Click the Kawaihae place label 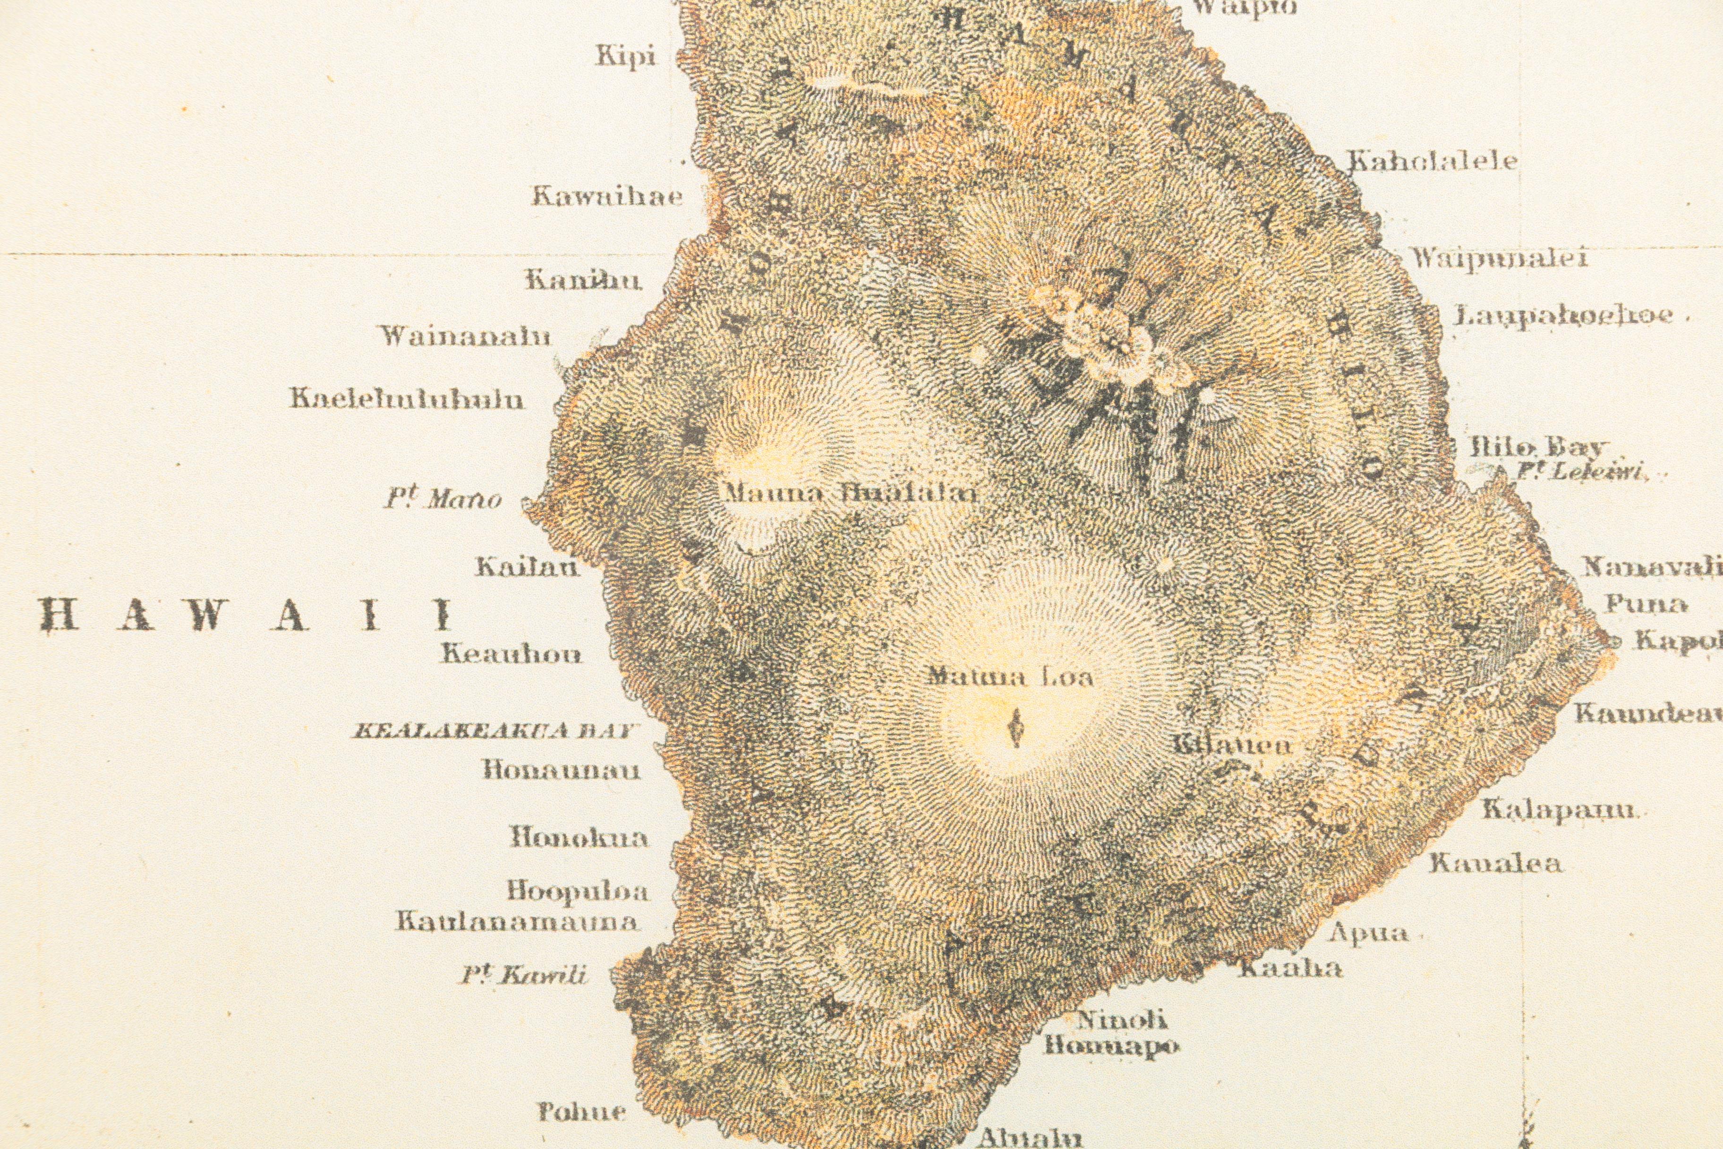(x=607, y=197)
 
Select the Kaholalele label (x=1432, y=161)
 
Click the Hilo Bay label (x=1538, y=447)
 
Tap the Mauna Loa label (x=1009, y=676)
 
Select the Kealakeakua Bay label (x=493, y=730)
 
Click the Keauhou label (x=512, y=654)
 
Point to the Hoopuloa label (x=579, y=891)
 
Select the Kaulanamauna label (x=516, y=921)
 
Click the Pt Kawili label (x=525, y=975)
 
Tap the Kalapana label (x=1558, y=810)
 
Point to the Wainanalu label (x=464, y=336)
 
